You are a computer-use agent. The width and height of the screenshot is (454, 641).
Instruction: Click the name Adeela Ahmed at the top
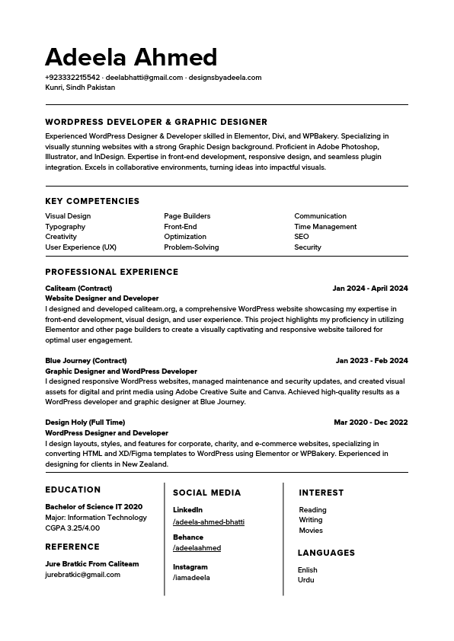[x=131, y=57]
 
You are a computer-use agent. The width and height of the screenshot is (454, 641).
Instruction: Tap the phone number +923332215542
[x=72, y=78]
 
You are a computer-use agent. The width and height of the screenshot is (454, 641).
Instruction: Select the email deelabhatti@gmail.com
[x=144, y=78]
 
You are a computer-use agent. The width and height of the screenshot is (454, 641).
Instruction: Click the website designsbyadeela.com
[x=225, y=78]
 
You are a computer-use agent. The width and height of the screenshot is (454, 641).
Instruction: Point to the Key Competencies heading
[x=92, y=201]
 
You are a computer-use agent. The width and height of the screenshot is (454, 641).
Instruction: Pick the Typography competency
[x=66, y=227]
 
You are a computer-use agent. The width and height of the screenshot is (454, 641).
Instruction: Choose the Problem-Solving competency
[x=191, y=247]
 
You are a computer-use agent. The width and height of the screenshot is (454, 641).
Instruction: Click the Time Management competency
[x=325, y=227]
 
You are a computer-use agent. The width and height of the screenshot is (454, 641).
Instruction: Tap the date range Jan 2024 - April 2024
[x=370, y=289]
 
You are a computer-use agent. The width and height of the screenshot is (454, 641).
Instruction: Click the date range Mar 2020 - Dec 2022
[x=371, y=423]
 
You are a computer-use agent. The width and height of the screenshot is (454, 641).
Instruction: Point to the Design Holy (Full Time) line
[x=85, y=423]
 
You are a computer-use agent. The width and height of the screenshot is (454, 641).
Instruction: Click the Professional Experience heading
[x=112, y=272]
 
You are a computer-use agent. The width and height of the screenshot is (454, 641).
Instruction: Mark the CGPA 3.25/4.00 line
[x=72, y=528]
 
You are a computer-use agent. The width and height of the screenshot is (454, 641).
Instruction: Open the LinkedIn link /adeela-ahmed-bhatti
[x=209, y=522]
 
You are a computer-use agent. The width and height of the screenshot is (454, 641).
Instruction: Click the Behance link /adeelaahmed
[x=197, y=548]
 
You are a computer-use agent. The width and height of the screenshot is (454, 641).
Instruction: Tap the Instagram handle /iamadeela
[x=191, y=578]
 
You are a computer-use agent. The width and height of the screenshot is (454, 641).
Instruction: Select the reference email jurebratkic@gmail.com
[x=82, y=575]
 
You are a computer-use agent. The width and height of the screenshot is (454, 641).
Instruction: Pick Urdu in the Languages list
[x=306, y=580]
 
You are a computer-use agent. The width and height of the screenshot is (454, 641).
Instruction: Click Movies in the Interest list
[x=311, y=531]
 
